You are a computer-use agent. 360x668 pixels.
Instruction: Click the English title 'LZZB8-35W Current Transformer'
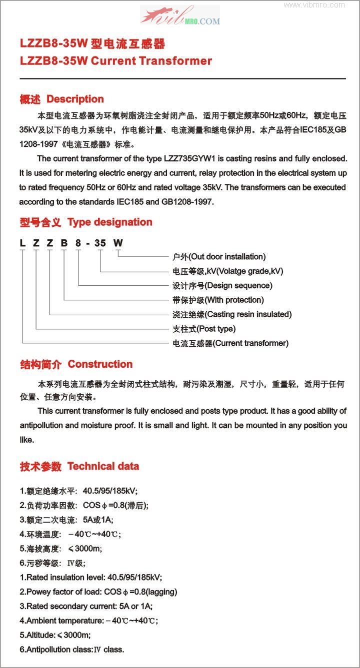coord(115,61)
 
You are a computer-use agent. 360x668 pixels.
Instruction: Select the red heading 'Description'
coord(75,99)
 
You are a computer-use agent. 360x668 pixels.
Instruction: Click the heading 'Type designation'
coord(109,222)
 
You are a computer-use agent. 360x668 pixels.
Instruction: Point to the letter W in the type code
coord(118,243)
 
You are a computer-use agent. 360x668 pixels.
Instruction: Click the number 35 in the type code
coord(100,243)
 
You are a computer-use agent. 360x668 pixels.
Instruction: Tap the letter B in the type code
coord(64,243)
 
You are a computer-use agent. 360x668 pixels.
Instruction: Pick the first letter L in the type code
coord(22,243)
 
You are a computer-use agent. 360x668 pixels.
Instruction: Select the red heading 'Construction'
coord(100,364)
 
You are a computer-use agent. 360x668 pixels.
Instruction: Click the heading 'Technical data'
coord(103,466)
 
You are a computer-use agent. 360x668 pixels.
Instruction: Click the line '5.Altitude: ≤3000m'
coord(55,635)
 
